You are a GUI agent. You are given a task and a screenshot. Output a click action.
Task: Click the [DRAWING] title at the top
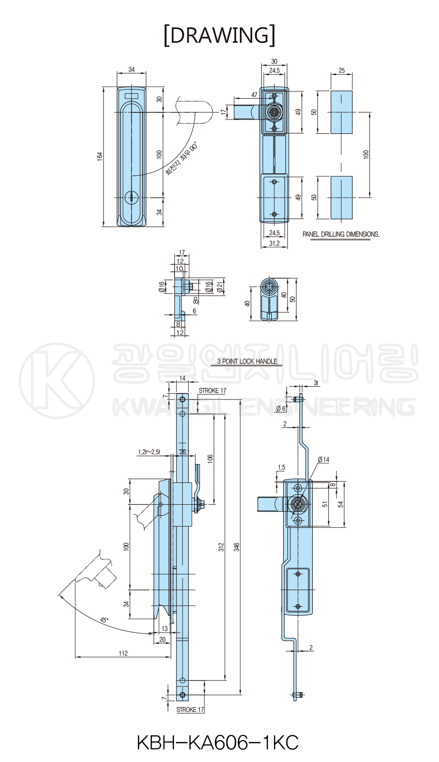(219, 35)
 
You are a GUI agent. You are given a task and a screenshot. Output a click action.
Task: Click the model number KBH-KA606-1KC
(218, 742)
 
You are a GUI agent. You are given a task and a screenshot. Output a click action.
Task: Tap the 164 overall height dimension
(100, 156)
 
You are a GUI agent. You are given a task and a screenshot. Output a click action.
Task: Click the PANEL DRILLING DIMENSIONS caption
(341, 234)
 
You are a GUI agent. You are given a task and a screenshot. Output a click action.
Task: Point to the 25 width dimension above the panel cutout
(342, 70)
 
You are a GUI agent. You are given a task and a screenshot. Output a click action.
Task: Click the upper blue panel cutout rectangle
(342, 112)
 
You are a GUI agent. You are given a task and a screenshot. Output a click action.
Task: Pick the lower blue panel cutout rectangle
(342, 198)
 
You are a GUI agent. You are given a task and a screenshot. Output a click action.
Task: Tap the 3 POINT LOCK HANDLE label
(247, 361)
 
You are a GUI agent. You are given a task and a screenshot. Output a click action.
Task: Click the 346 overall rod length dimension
(237, 547)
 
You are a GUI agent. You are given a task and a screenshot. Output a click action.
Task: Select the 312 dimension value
(222, 547)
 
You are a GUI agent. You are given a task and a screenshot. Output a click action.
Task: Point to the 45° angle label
(104, 620)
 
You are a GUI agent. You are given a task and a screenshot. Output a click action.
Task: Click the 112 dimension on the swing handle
(123, 653)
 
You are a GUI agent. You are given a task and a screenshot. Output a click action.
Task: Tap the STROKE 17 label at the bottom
(190, 710)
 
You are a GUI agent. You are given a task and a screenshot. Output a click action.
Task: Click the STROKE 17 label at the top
(212, 391)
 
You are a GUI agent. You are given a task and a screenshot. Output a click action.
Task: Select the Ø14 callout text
(324, 460)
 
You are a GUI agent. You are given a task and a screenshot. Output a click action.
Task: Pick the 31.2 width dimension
(275, 243)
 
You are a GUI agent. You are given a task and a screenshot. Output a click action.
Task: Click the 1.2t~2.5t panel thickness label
(149, 452)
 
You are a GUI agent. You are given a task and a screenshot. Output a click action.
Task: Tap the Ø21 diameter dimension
(220, 287)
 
